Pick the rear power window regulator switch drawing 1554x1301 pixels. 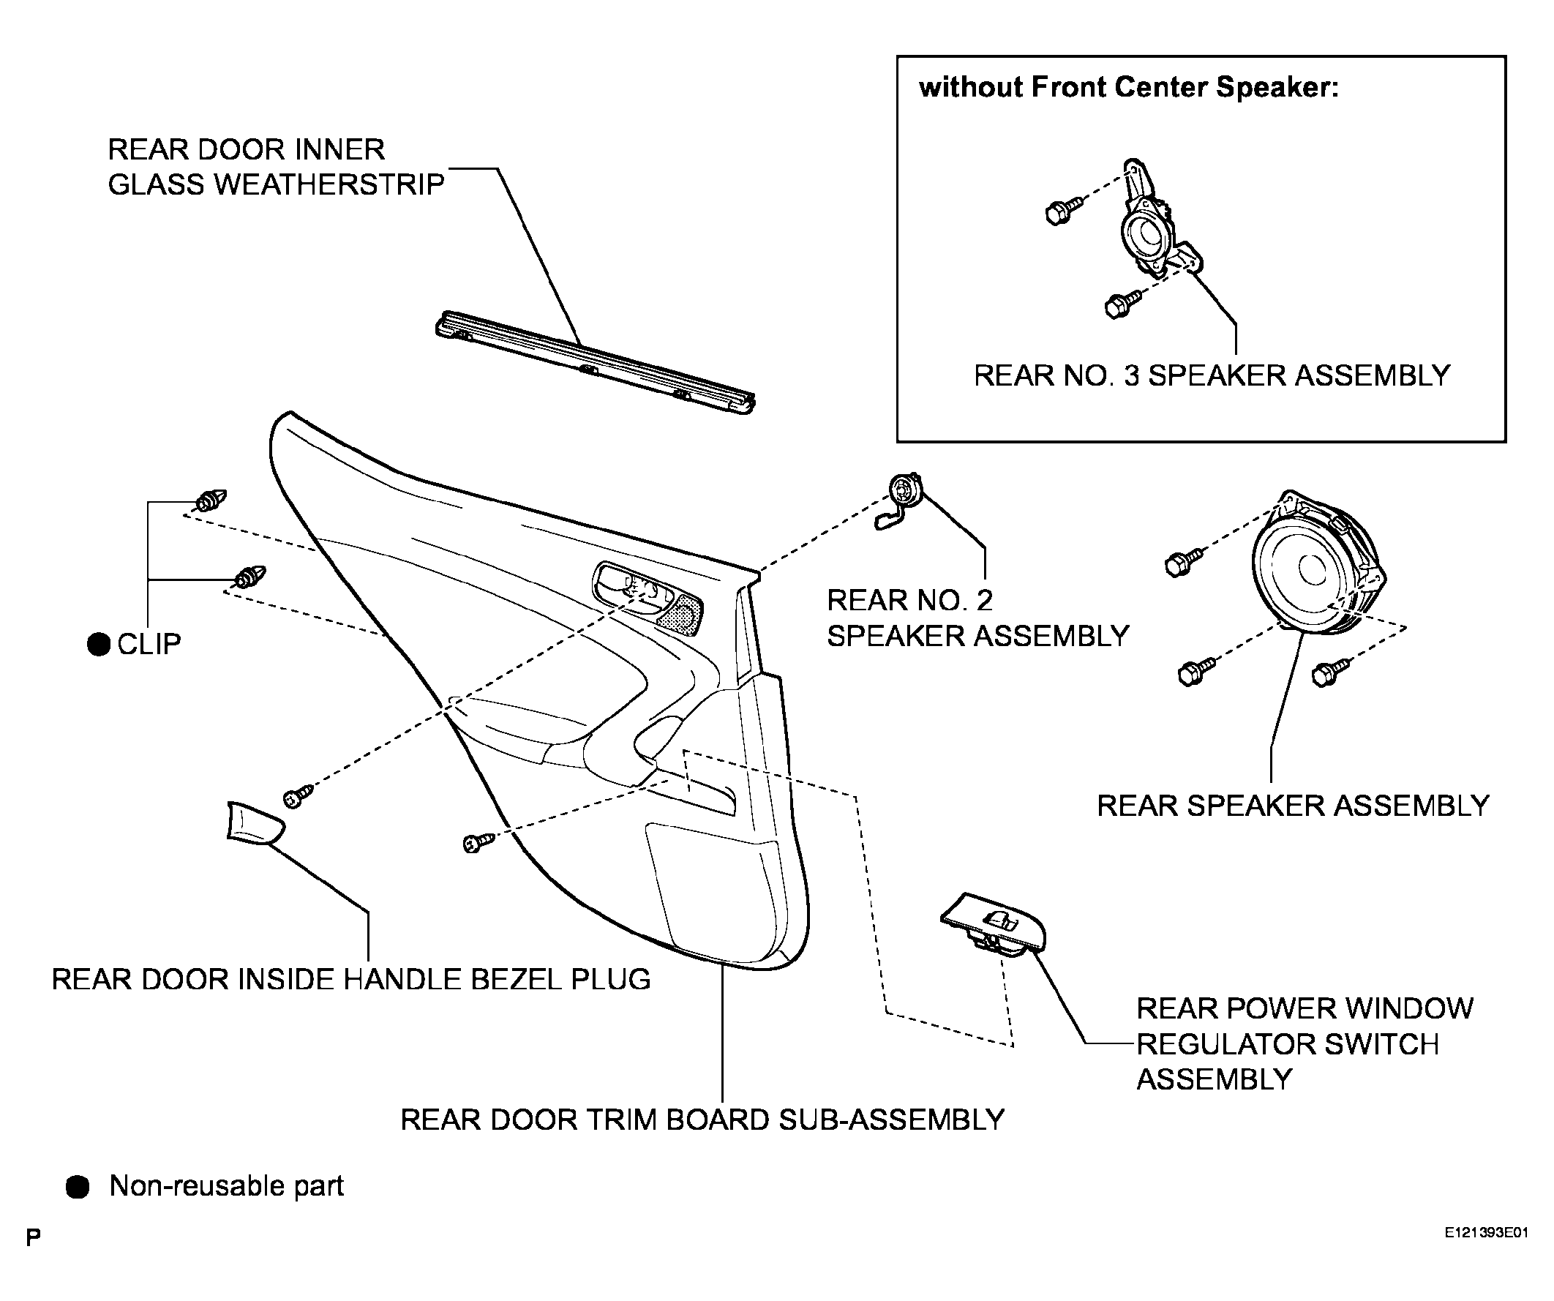(x=994, y=925)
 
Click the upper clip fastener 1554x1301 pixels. (x=211, y=501)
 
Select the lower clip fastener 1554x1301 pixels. (x=250, y=577)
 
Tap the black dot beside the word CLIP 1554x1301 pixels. (x=99, y=644)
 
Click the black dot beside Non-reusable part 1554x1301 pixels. (x=78, y=1186)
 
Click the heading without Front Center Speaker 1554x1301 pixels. (x=1128, y=87)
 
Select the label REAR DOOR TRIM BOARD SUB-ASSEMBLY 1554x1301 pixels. (x=702, y=1120)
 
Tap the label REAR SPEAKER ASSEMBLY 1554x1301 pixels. (x=1293, y=805)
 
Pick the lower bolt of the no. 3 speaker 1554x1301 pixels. (x=1121, y=304)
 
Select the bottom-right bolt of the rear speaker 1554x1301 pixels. (x=1329, y=671)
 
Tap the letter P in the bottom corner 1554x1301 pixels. (x=34, y=1237)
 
